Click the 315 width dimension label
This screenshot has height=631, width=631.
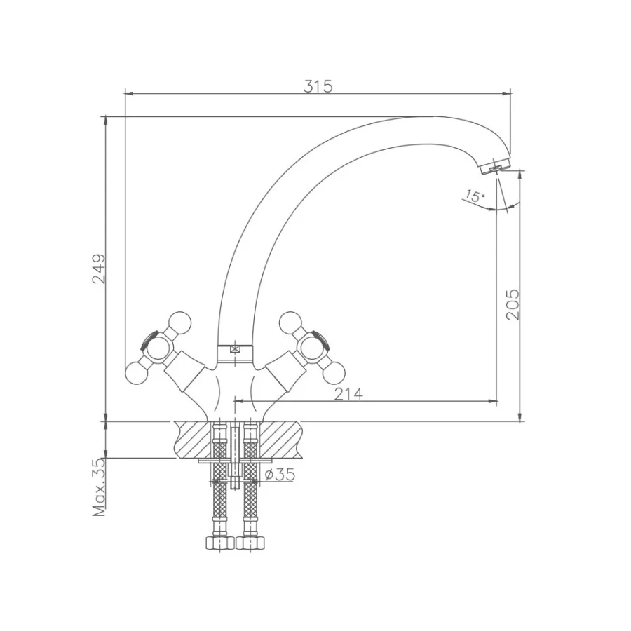[318, 86]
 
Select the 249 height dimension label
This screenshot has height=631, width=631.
[99, 269]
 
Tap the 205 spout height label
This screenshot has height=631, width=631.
[513, 304]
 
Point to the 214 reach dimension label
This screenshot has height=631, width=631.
[348, 394]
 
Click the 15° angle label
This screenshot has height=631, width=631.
[475, 196]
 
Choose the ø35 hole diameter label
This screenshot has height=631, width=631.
[280, 475]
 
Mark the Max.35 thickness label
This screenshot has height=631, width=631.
[99, 487]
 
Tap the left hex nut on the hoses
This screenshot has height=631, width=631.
[219, 543]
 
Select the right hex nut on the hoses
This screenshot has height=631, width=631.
[250, 543]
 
